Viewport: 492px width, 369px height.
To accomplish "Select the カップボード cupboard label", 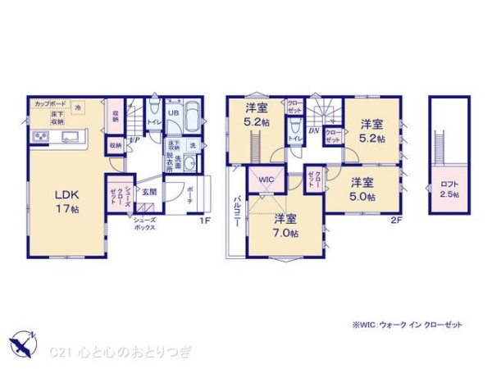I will tap(50, 103).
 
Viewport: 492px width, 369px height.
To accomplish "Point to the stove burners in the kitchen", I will tap(40, 136).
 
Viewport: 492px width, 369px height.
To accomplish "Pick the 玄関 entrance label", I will tap(148, 193).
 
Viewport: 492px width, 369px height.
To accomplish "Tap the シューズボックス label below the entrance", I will tap(144, 225).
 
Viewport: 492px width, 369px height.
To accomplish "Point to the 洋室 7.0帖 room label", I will tap(285, 225).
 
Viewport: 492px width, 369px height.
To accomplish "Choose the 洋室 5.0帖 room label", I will tap(363, 189).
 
